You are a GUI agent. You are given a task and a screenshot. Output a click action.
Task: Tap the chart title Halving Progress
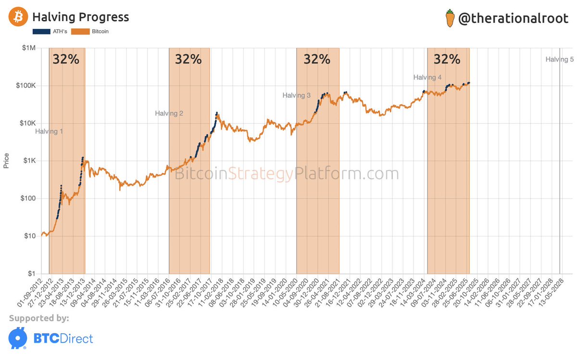tap(80, 17)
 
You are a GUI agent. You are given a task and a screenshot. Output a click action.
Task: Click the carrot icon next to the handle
tap(450, 18)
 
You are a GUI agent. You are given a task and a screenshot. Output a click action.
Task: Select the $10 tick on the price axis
tap(31, 236)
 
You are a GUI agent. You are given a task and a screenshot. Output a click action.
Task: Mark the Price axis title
tap(6, 161)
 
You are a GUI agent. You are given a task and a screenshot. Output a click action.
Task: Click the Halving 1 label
tap(49, 131)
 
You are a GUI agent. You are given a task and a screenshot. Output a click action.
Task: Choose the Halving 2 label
tap(169, 113)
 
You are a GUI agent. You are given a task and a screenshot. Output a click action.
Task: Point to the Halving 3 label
tap(296, 96)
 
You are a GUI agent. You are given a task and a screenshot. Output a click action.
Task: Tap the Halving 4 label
tap(427, 77)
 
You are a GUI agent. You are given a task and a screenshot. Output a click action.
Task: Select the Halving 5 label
tap(559, 60)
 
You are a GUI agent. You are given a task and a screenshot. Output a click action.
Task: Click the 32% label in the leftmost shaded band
tap(66, 59)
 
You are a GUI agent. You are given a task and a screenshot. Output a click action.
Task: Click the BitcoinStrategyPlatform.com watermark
tap(286, 174)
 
